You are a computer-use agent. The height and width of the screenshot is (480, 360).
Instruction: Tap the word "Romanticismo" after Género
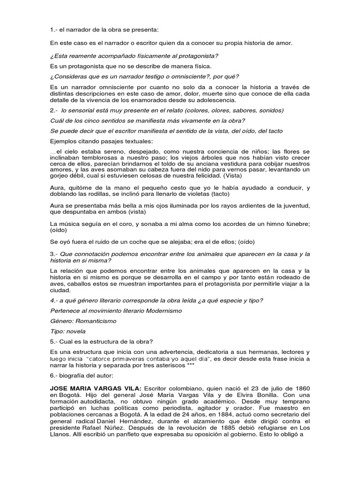point(97,321)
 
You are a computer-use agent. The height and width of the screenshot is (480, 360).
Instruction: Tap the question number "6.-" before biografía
point(54,376)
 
